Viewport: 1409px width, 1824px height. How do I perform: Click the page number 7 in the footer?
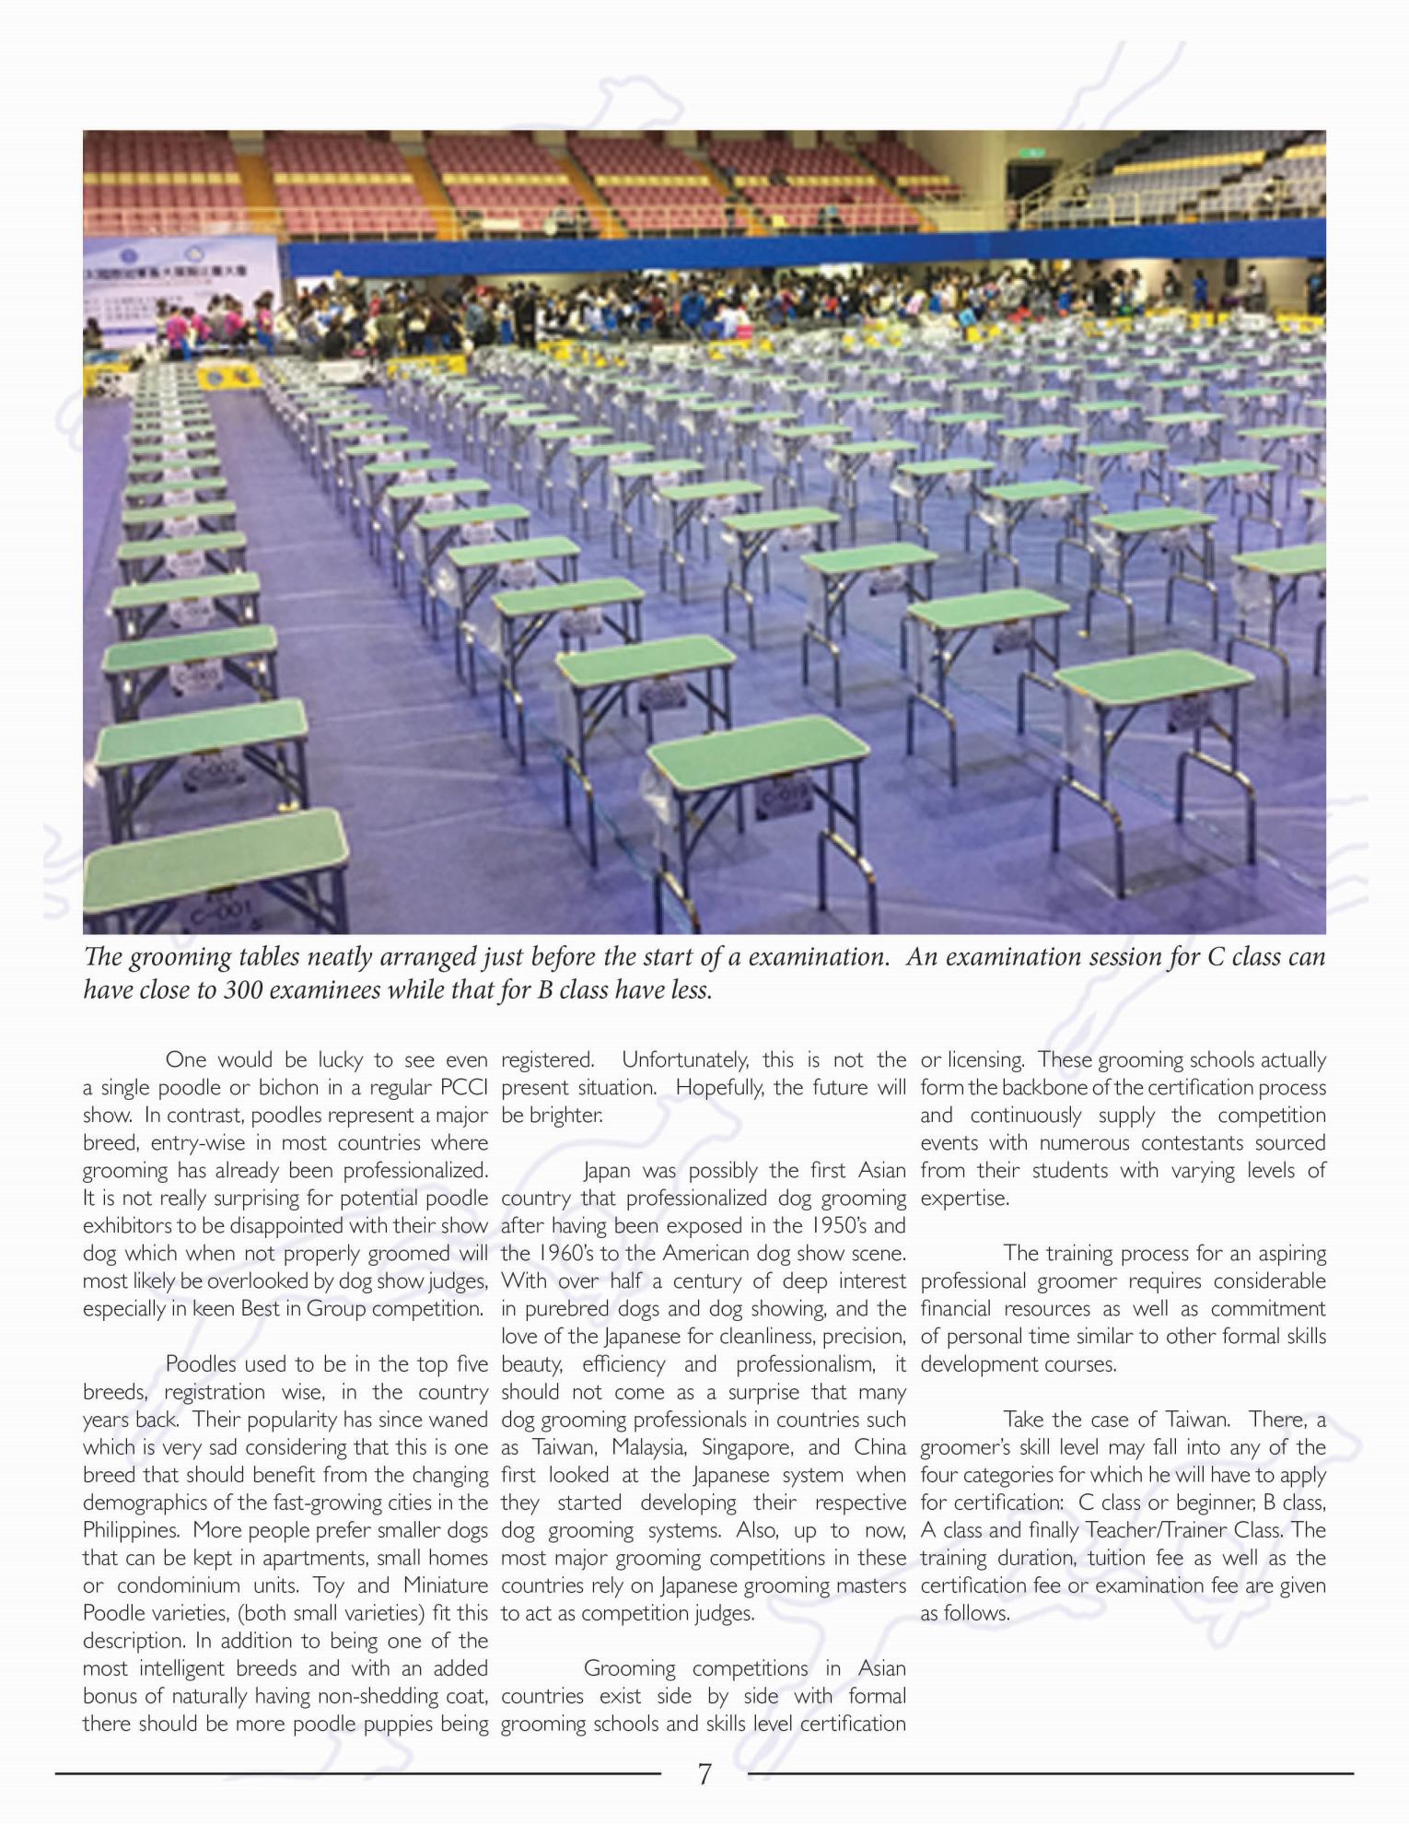click(x=704, y=1773)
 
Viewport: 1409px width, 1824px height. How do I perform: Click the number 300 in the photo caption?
click(x=246, y=991)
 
